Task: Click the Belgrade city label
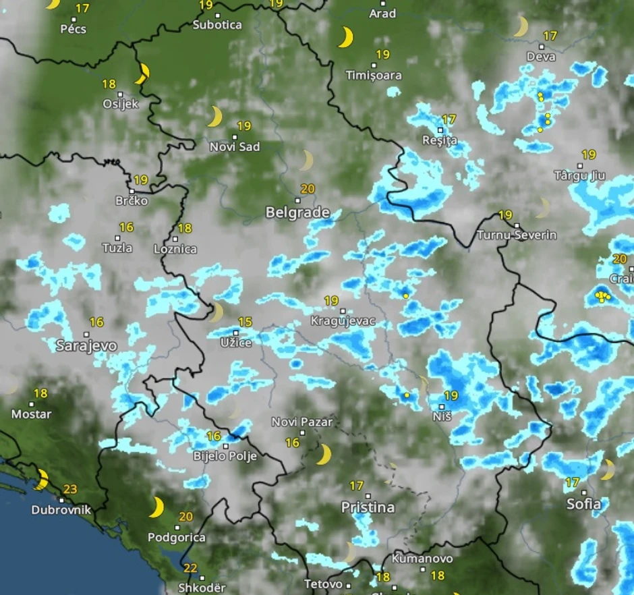point(297,213)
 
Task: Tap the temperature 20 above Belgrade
point(308,189)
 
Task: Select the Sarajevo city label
point(86,346)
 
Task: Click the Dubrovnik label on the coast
point(61,510)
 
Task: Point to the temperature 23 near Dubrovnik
point(70,489)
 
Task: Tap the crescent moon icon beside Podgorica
point(156,507)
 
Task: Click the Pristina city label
point(368,507)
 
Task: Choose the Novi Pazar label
point(302,422)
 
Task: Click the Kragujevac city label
point(343,321)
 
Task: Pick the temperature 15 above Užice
point(245,322)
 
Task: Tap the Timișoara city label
point(373,76)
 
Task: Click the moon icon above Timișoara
point(345,38)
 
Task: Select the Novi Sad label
point(235,146)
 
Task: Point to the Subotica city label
point(217,25)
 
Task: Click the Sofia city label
point(583,504)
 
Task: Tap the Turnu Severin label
point(517,235)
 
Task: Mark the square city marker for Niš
point(442,407)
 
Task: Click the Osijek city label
point(121,104)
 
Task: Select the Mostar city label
point(32,414)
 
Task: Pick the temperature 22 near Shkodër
point(190,568)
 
